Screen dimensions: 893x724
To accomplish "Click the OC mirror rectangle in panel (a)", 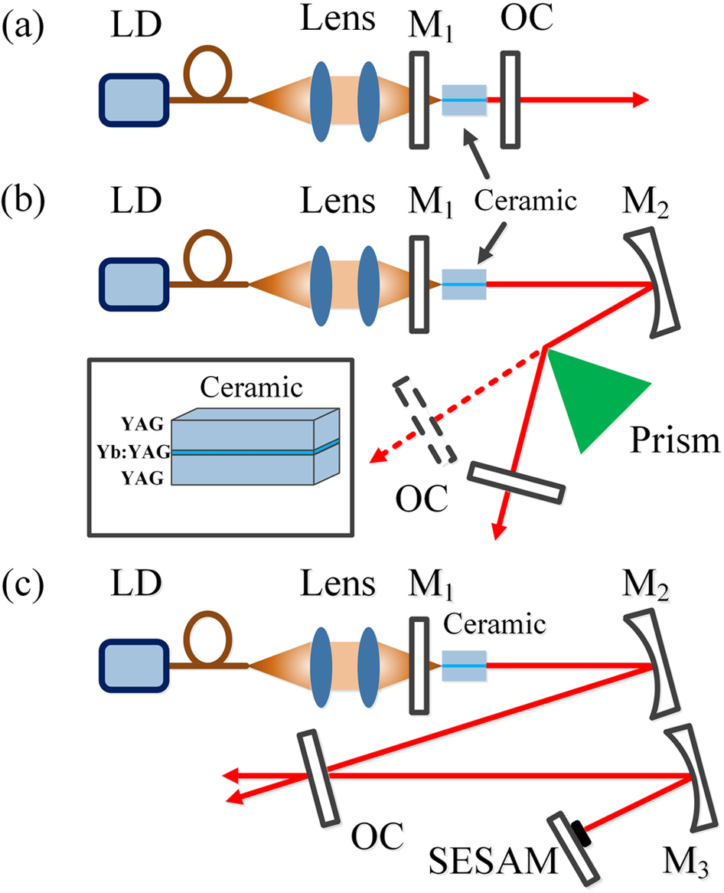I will (510, 100).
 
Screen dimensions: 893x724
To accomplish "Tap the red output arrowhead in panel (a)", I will (638, 100).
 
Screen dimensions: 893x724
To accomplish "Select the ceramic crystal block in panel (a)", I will (464, 100).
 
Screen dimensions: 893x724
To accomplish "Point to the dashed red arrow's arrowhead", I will (375, 459).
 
